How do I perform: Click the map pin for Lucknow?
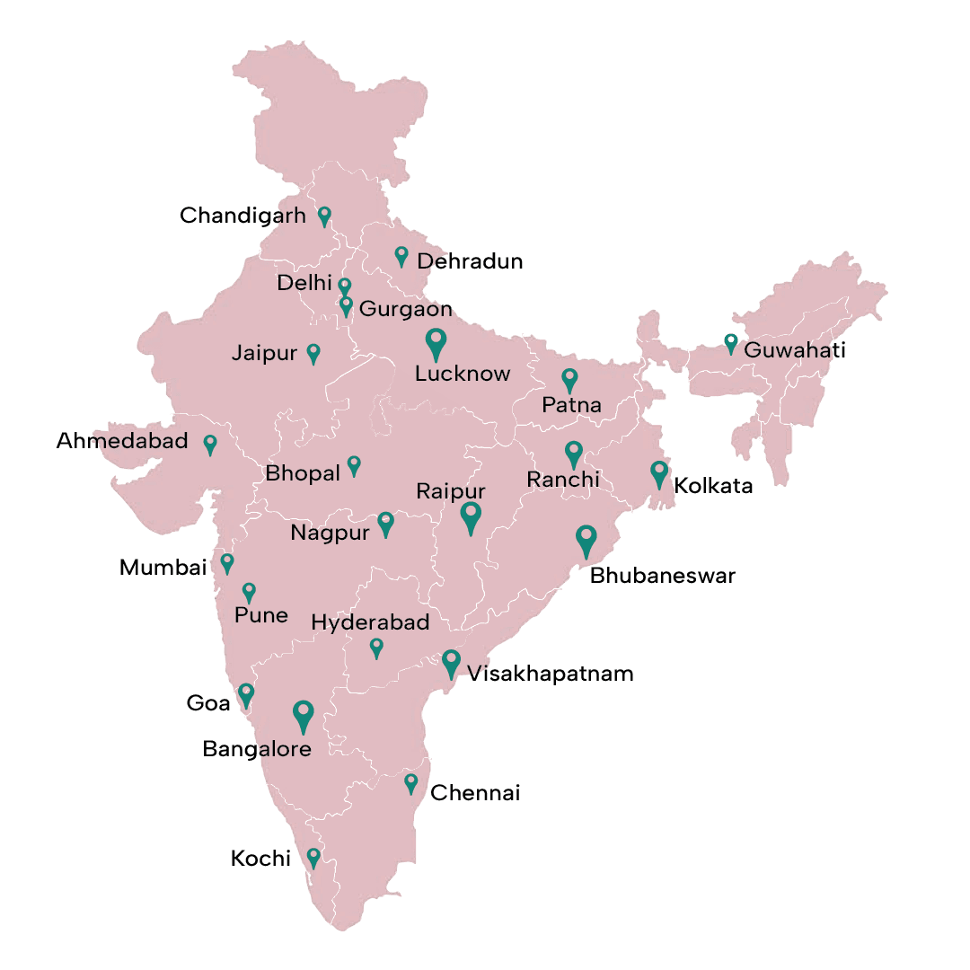(436, 342)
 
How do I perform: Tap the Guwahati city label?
(795, 349)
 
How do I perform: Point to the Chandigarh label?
(242, 216)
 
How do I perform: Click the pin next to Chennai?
(411, 782)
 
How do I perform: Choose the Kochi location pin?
(313, 857)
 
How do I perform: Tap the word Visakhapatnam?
(551, 674)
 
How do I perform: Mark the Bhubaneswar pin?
(586, 539)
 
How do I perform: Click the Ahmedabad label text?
(122, 441)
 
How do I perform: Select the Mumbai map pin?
(227, 562)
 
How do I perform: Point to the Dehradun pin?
(401, 256)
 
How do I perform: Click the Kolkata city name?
(713, 487)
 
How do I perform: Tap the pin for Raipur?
(471, 516)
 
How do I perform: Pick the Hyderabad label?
(370, 622)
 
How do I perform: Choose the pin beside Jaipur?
(313, 352)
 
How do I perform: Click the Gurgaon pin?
(346, 305)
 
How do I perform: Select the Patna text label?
(571, 405)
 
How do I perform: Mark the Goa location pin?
(245, 693)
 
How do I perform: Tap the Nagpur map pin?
(385, 522)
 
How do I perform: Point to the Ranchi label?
(563, 480)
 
